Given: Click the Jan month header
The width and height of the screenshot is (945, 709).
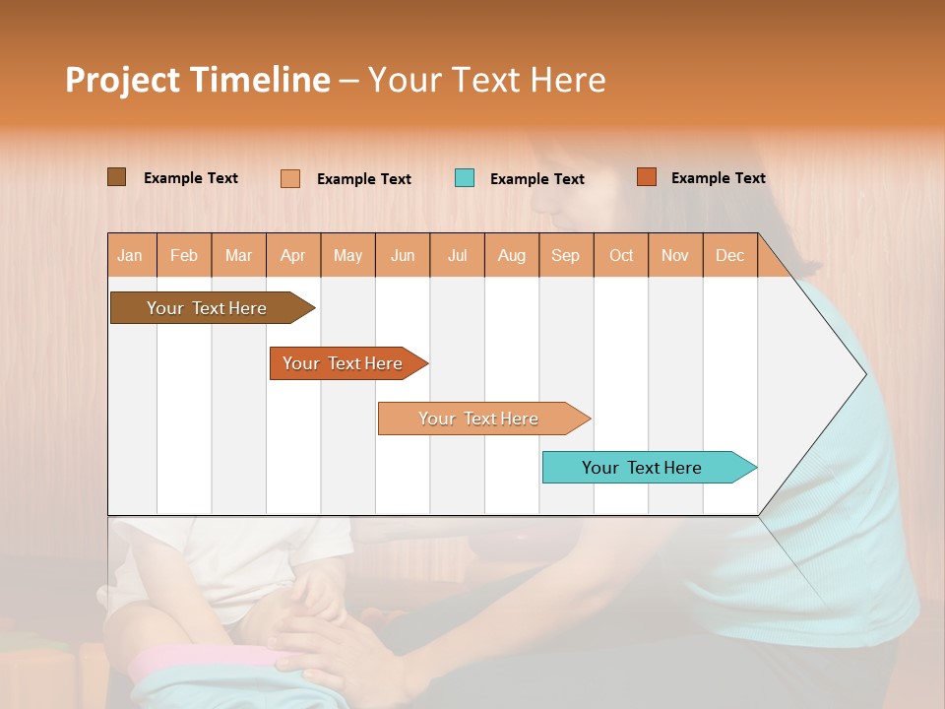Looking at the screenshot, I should click(131, 255).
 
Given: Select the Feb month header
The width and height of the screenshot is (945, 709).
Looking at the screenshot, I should click(184, 255).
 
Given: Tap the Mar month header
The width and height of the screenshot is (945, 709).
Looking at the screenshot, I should click(238, 255).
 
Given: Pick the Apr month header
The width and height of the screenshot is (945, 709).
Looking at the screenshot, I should click(293, 255).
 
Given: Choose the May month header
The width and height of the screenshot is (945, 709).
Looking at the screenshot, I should click(347, 255).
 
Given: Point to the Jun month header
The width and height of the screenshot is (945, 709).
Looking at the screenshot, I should click(403, 255).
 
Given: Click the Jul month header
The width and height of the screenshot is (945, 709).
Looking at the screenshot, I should click(457, 255).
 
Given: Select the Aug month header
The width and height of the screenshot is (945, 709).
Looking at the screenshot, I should click(512, 255).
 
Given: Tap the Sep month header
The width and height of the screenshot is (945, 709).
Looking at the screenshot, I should click(566, 255).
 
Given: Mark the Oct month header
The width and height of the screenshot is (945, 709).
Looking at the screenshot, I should click(621, 255).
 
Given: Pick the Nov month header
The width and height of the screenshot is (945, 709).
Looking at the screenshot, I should click(675, 255).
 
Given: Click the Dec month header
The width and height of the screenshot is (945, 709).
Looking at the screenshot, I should click(730, 255).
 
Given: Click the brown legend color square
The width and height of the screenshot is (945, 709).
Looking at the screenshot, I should click(117, 177).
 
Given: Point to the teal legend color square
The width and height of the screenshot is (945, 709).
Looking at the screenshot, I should click(465, 178).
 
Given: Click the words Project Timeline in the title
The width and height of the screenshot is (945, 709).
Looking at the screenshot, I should click(197, 80).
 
